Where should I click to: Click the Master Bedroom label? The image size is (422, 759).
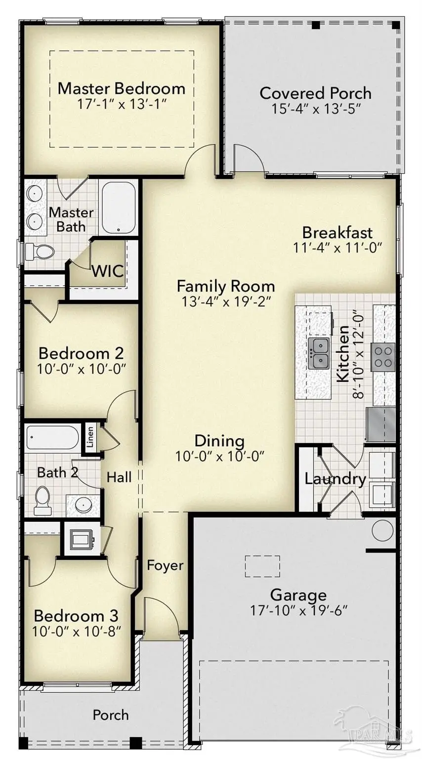(x=122, y=89)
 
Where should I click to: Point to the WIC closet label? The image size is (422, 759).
(x=108, y=271)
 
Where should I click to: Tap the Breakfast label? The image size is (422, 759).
(x=338, y=232)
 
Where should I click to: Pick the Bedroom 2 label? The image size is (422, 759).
(x=81, y=354)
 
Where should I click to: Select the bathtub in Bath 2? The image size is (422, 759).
(x=52, y=437)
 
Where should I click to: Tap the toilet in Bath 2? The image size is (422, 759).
(x=42, y=498)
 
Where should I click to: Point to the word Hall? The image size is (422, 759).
(x=119, y=477)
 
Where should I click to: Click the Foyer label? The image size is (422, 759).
(x=165, y=565)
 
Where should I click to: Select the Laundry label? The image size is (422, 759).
(x=335, y=479)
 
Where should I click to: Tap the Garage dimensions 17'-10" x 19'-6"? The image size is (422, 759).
(x=298, y=610)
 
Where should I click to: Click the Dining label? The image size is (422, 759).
(x=219, y=441)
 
